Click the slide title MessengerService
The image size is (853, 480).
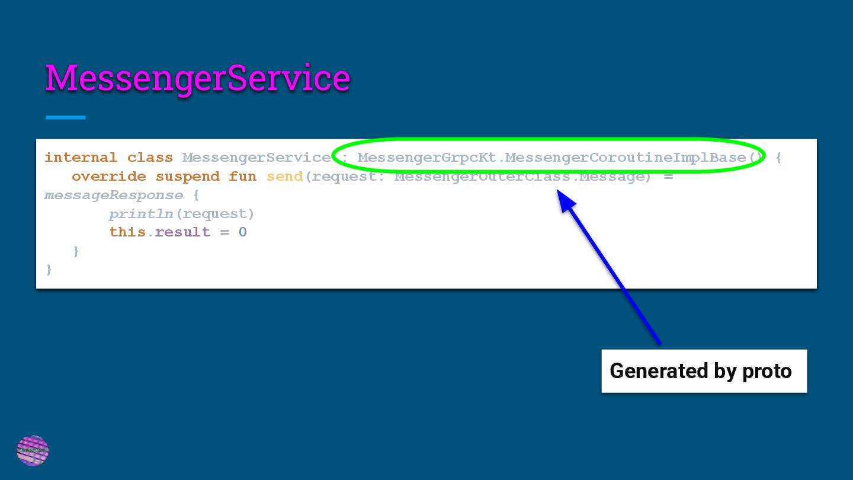197,78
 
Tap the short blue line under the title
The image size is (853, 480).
66,117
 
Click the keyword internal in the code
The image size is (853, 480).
81,158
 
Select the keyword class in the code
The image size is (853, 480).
150,158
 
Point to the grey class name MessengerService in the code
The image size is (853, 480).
256,158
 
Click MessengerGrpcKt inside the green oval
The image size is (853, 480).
426,158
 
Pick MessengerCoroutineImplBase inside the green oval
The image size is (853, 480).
625,158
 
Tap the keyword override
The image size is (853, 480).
108,177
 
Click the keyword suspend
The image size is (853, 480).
187,177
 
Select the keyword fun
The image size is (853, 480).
242,177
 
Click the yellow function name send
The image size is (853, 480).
284,177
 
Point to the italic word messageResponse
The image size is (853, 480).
113,195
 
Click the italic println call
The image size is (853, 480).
141,214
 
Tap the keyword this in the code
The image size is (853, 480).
127,232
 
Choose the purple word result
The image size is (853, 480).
182,232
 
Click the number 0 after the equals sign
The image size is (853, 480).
242,232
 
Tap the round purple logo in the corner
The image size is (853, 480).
33,450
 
